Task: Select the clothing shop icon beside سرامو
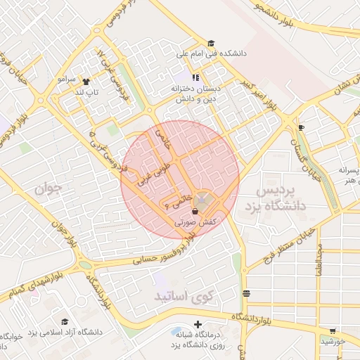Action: [x=86, y=81]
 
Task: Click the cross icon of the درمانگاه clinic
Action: [x=198, y=325]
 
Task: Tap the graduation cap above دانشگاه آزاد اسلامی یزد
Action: [x=65, y=321]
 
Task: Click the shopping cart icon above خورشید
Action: [x=333, y=330]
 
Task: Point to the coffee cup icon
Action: [x=301, y=127]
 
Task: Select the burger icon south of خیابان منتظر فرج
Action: [x=246, y=292]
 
